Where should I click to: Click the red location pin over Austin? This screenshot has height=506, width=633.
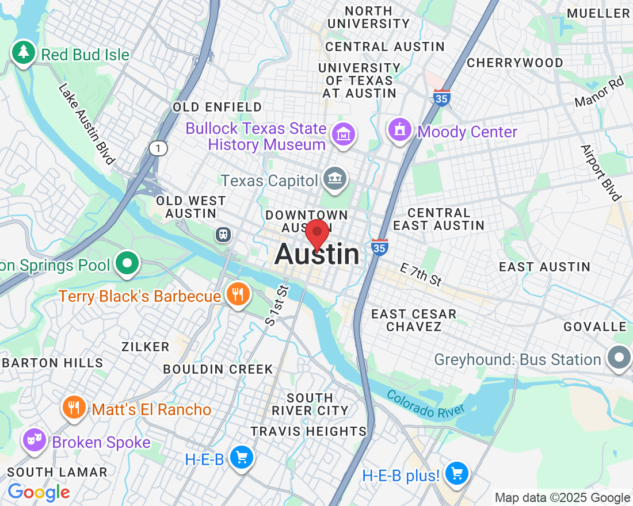pyautogui.click(x=317, y=233)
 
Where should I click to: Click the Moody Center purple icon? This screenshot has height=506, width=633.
pyautogui.click(x=399, y=129)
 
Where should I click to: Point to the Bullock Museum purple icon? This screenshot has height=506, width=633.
pyautogui.click(x=344, y=135)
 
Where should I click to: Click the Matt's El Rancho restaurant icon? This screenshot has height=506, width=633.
pyautogui.click(x=73, y=408)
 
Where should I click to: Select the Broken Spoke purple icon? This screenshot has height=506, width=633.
pyautogui.click(x=34, y=440)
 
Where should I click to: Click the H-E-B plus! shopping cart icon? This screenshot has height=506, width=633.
pyautogui.click(x=457, y=473)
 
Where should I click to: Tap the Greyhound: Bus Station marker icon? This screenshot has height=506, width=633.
pyautogui.click(x=619, y=358)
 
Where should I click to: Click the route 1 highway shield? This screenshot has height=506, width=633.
pyautogui.click(x=158, y=149)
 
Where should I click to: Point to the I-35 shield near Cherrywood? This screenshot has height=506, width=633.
pyautogui.click(x=442, y=97)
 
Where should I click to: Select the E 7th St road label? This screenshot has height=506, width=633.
pyautogui.click(x=421, y=274)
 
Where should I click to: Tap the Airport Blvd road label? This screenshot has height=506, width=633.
pyautogui.click(x=601, y=172)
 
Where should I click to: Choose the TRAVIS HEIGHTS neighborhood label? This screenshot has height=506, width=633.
pyautogui.click(x=308, y=431)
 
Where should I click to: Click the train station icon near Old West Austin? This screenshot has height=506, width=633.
pyautogui.click(x=223, y=233)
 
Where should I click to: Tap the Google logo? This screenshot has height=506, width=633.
pyautogui.click(x=39, y=492)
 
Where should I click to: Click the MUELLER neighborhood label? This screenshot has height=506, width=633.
pyautogui.click(x=598, y=13)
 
